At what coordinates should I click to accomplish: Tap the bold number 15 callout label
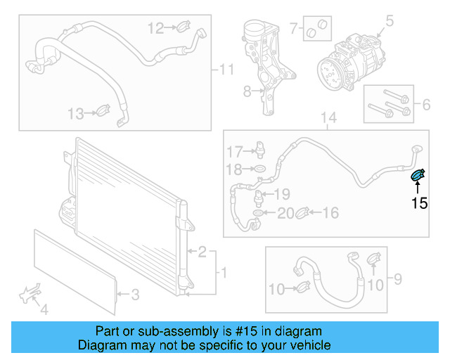419,204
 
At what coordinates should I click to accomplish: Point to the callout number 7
293,30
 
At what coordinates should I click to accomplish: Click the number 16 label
330,212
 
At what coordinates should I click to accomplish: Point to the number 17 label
233,151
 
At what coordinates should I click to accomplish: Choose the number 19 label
282,195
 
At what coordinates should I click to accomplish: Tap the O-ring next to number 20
259,212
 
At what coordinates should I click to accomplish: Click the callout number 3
137,294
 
